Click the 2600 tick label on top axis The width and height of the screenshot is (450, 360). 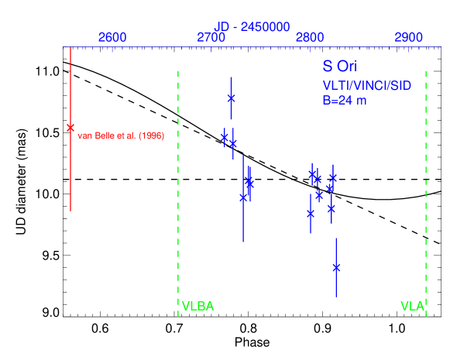click(112, 37)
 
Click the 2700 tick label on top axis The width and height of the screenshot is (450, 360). click(211, 37)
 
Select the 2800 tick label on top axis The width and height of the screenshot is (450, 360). click(311, 37)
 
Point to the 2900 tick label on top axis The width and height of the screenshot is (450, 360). click(409, 37)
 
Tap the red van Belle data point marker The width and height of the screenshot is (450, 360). click(70, 128)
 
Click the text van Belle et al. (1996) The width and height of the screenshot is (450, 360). click(121, 136)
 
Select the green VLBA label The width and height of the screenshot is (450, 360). click(198, 307)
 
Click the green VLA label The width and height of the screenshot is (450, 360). click(412, 307)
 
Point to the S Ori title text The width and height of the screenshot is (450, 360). click(340, 68)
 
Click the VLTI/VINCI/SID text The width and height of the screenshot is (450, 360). click(366, 85)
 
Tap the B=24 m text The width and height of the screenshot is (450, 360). click(345, 100)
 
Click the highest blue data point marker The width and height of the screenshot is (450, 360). click(231, 98)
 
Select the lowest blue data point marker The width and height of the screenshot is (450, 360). click(336, 267)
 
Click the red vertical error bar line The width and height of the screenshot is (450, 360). click(70, 170)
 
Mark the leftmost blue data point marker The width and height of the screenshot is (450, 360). click(225, 137)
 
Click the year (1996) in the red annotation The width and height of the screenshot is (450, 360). click(151, 136)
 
